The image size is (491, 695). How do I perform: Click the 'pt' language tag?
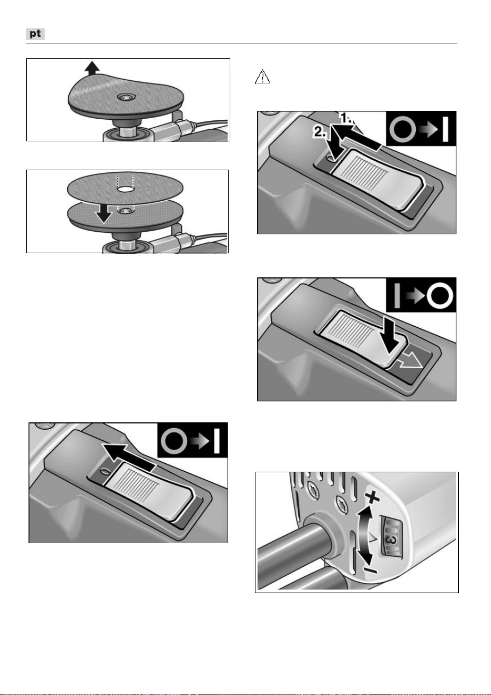click(35, 34)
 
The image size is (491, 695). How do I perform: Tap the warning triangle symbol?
click(262, 77)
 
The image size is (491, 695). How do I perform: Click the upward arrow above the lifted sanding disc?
click(92, 68)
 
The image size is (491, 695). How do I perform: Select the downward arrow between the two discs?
click(104, 213)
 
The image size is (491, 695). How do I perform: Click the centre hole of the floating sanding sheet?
click(126, 189)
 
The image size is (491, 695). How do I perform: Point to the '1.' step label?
click(347, 118)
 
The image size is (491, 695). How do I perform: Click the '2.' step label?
click(319, 132)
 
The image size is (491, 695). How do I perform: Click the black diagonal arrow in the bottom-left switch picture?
click(128, 457)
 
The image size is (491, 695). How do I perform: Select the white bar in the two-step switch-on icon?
click(445, 129)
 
